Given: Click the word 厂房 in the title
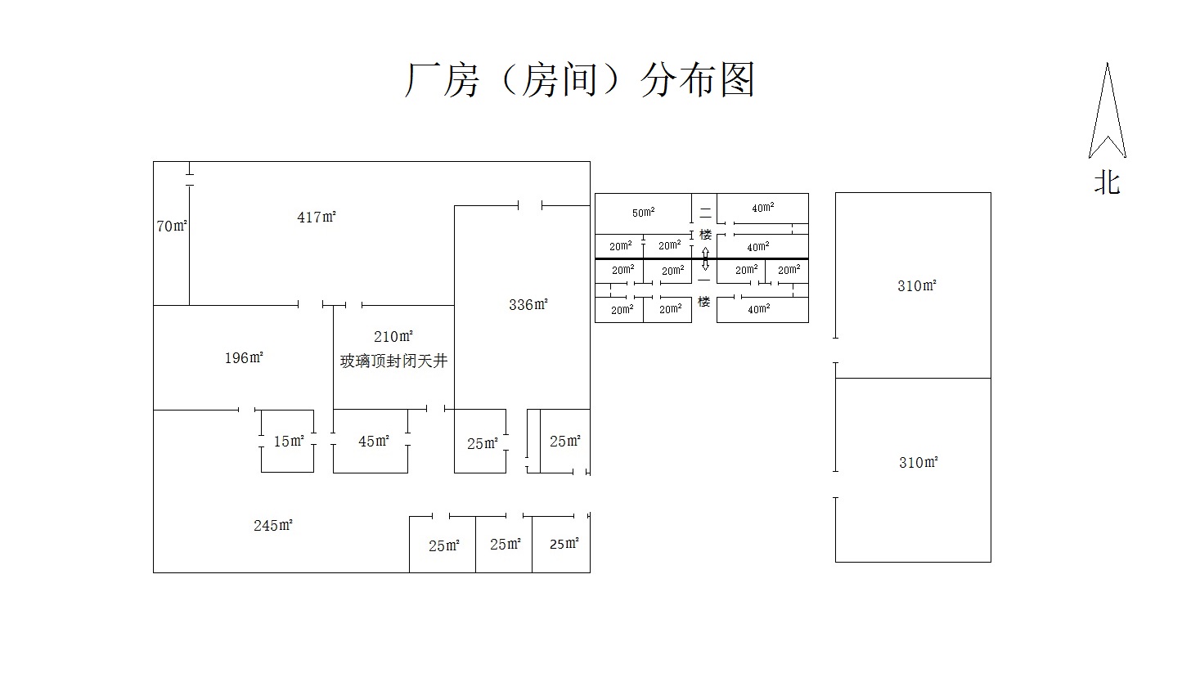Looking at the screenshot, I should [442, 81].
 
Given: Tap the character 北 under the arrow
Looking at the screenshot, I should [1107, 182].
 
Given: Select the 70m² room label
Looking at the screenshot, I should [172, 226].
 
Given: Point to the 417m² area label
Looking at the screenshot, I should [317, 217].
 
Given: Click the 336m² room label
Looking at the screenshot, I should [528, 305].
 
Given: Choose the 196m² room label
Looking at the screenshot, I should [244, 357].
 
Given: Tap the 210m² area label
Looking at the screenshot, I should [393, 336].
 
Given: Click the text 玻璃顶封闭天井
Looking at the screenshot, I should [393, 361].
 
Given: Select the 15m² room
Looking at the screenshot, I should [288, 442].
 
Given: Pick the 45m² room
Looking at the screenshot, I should [373, 442].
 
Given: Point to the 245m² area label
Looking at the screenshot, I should [272, 525].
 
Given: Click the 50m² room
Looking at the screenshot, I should [643, 213].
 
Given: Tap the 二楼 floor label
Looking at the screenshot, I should [704, 223].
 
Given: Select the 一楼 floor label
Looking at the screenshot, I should [704, 291].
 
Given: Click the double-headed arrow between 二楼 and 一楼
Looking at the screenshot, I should [705, 258].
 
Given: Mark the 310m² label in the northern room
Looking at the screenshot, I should [916, 286].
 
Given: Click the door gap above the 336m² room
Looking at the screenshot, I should [530, 205].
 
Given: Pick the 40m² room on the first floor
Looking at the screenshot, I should [758, 309].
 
